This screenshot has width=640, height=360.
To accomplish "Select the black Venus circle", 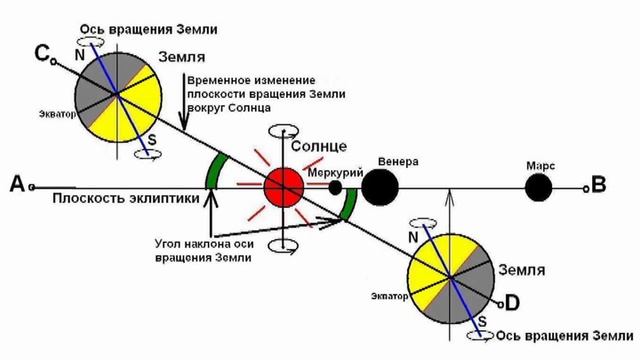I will [379, 186].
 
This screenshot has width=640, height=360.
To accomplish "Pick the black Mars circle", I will [539, 186].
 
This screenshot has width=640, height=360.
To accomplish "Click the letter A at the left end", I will [15, 184].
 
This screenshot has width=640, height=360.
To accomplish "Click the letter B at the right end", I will [599, 184].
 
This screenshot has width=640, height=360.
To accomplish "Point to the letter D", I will [513, 301].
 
